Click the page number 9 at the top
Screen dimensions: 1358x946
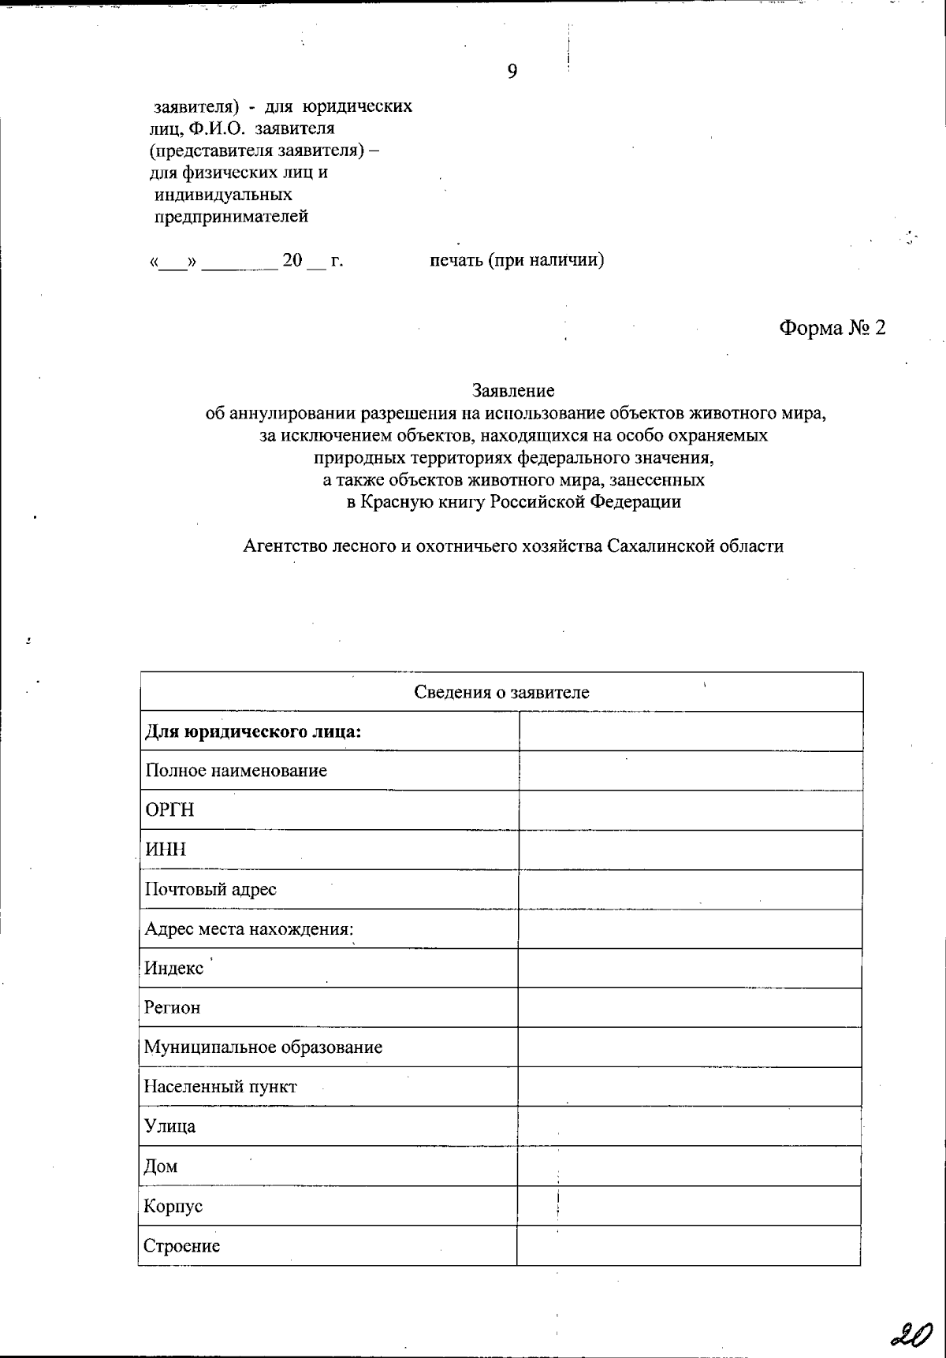pos(512,73)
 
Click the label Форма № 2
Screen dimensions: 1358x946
pos(832,328)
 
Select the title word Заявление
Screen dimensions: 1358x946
pos(513,390)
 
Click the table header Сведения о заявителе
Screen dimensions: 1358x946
pos(501,693)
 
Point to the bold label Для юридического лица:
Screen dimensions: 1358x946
pos(253,732)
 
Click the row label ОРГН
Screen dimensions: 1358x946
pos(169,810)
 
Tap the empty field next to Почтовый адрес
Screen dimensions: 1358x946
pos(690,889)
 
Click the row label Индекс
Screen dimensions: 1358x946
pos(174,968)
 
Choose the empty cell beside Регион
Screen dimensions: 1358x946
pos(690,1007)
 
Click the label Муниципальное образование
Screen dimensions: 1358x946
pos(263,1047)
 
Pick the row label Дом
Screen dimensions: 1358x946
pos(161,1166)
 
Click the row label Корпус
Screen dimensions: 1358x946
pos(173,1207)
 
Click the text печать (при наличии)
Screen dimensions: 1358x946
pos(517,260)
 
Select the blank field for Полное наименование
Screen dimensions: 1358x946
pos(690,771)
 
